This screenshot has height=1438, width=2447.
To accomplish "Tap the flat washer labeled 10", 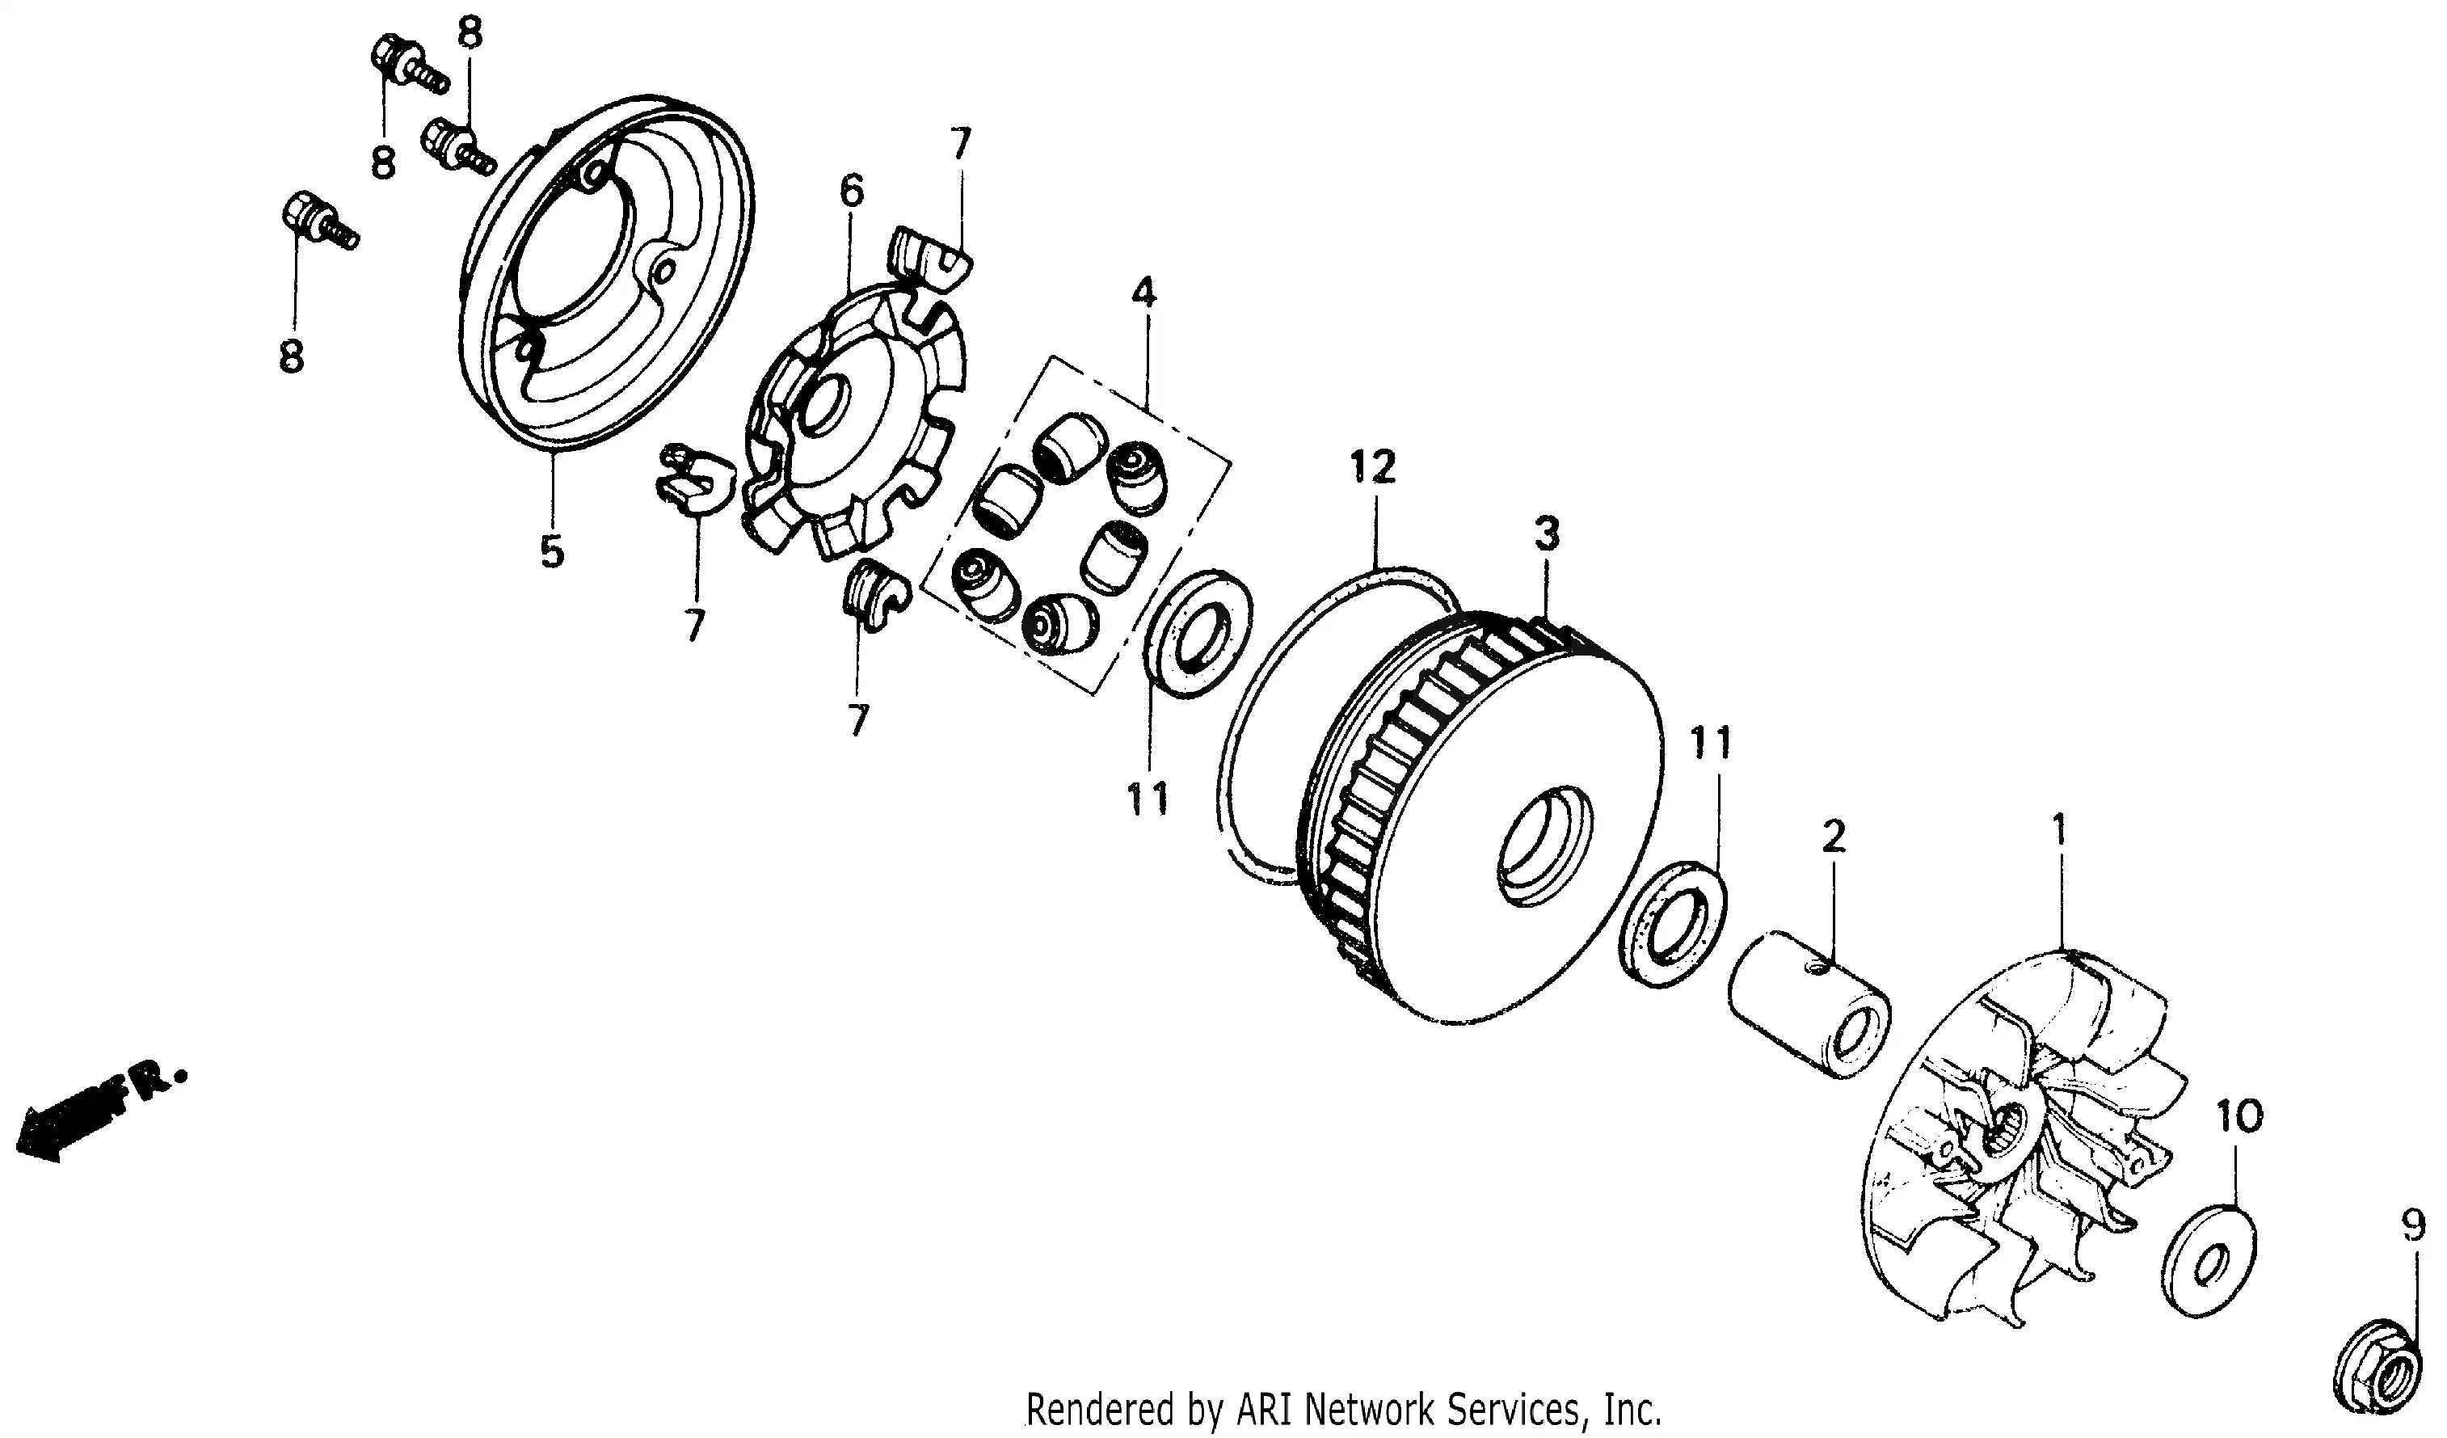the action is (x=2210, y=1261).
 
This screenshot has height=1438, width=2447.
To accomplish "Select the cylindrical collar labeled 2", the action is (x=1810, y=1005).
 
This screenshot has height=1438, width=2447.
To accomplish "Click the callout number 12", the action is (x=1372, y=467).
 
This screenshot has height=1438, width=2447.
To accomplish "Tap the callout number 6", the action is (x=852, y=192).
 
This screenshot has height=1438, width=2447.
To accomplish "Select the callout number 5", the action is (x=552, y=551).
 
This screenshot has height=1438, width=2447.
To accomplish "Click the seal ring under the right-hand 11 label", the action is (x=1672, y=923).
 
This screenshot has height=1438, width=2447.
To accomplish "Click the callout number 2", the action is (x=1834, y=835).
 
